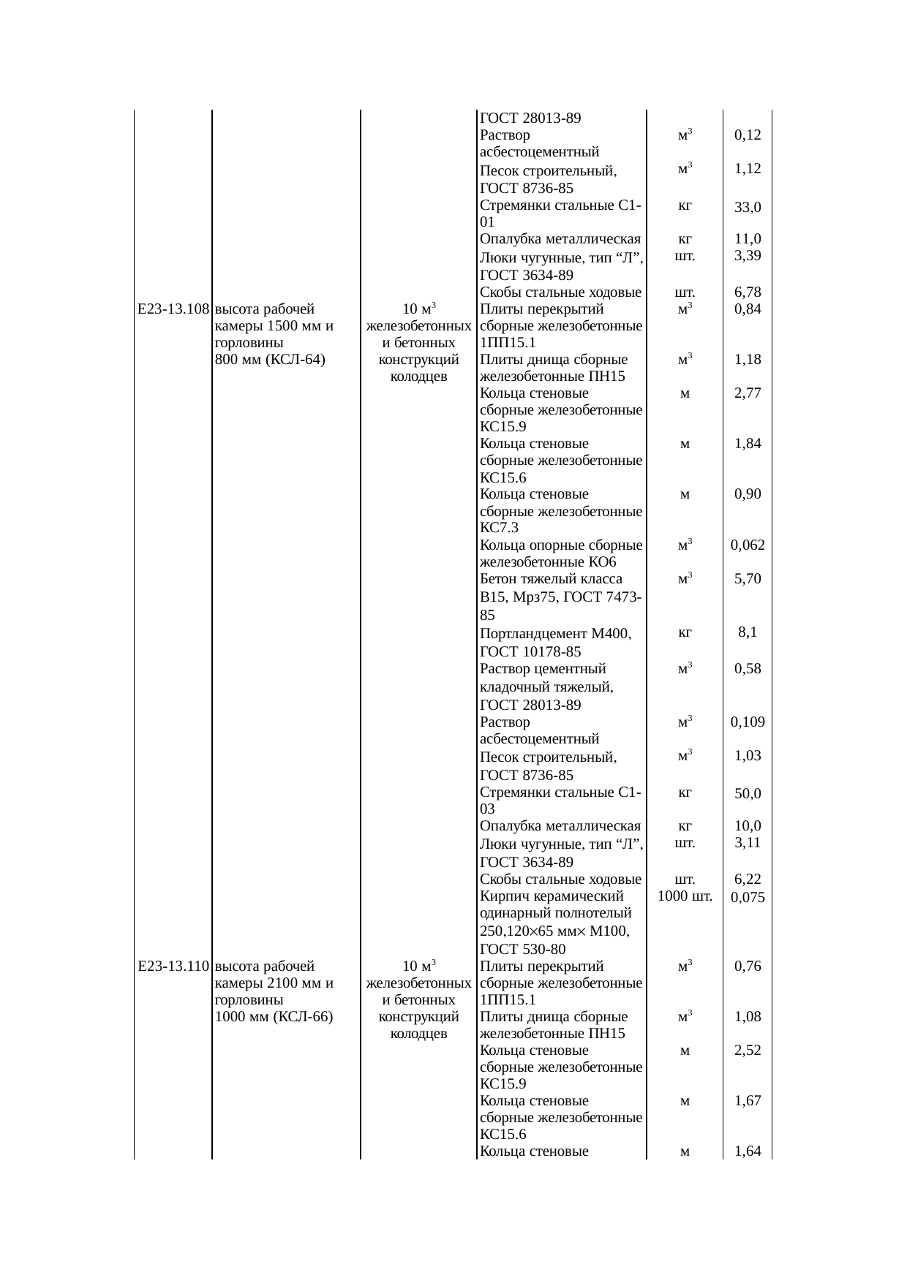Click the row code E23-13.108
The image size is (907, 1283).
(173, 309)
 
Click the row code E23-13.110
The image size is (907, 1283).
(173, 966)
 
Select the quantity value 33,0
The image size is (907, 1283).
(748, 207)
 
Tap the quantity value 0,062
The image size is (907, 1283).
(748, 545)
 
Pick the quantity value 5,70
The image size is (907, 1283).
(748, 579)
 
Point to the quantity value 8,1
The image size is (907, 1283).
(748, 632)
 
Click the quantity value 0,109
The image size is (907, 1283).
(748, 722)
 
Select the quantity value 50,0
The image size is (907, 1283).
(748, 793)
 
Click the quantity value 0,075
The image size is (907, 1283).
(748, 898)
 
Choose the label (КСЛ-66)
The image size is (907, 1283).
(304, 1017)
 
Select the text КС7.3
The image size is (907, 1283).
(499, 528)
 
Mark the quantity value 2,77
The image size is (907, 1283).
(748, 393)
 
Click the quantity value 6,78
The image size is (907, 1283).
(748, 292)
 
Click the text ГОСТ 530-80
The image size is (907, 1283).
(522, 950)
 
